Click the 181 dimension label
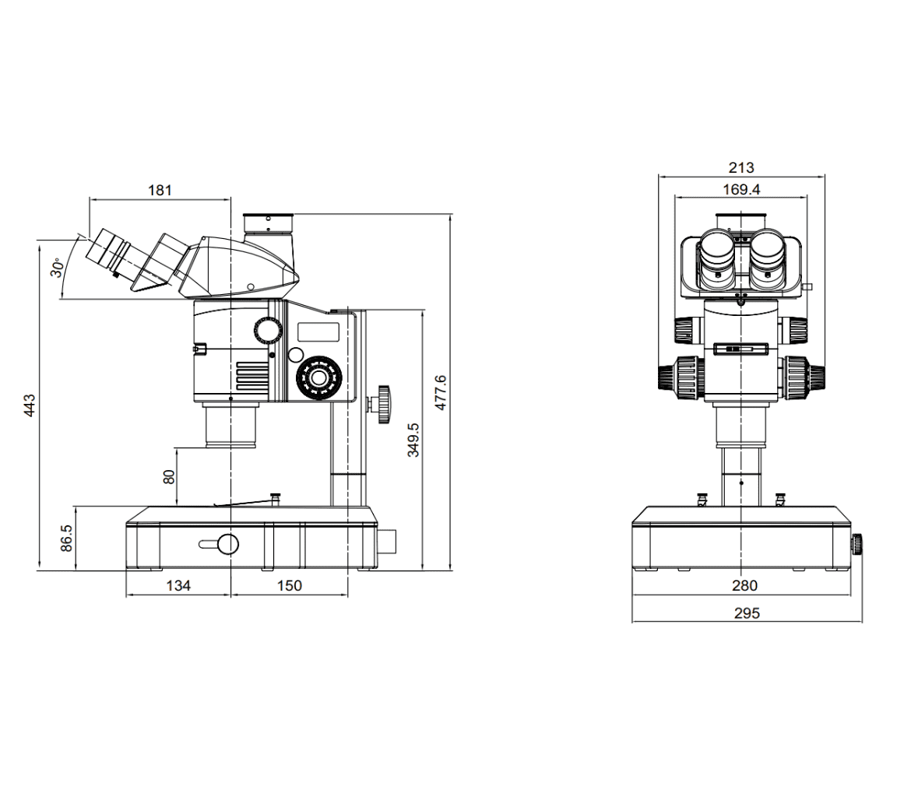(x=159, y=189)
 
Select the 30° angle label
(x=57, y=268)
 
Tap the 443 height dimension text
(x=29, y=405)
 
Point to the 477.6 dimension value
(x=441, y=392)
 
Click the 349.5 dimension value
(x=413, y=440)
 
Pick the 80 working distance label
(x=169, y=476)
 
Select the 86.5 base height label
(x=66, y=538)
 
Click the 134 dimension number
(x=178, y=586)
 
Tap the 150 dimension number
(x=289, y=586)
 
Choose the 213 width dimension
(x=740, y=167)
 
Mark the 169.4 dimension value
(x=740, y=189)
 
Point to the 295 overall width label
(x=746, y=613)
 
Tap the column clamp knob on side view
(x=382, y=404)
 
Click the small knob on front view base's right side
(x=858, y=543)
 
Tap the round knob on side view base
(x=227, y=544)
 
